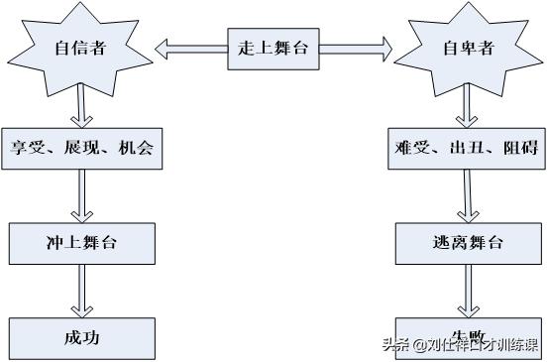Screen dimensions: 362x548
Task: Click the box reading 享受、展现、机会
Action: [x=81, y=150]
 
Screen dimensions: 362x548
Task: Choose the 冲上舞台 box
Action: [x=82, y=242]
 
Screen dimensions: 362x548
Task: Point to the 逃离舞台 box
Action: [x=465, y=243]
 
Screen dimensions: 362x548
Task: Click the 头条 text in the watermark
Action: [x=396, y=345]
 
